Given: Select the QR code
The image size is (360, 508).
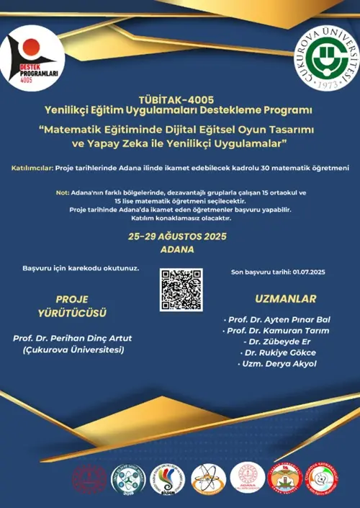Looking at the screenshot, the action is (x=181, y=289).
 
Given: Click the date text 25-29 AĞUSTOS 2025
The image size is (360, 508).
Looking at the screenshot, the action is (x=181, y=236).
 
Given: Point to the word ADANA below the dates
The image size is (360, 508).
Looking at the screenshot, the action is (x=181, y=249).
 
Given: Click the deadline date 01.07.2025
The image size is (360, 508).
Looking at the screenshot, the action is (x=310, y=272).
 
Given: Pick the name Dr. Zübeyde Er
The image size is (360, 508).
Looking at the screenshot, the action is (x=280, y=341).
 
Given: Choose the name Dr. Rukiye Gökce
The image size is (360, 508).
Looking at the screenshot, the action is (x=280, y=352).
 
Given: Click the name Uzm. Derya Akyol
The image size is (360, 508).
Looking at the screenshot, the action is (x=280, y=364).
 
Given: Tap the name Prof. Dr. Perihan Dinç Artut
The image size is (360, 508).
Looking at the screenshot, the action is (x=72, y=338).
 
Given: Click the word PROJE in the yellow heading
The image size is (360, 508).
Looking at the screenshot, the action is (x=72, y=298).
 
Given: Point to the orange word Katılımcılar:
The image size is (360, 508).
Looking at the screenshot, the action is (x=34, y=168).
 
